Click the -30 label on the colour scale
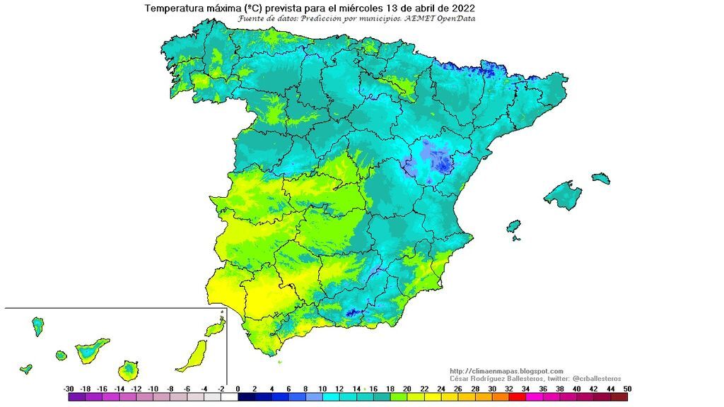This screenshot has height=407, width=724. click(69, 389)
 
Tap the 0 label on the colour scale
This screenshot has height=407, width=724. click(238, 389)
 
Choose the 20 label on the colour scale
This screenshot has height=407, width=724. click(407, 389)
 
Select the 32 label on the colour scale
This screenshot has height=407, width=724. click(509, 389)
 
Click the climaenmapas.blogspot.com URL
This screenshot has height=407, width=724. click(506, 371)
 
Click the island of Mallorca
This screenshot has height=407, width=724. click(563, 194)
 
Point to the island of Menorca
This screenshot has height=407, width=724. click(600, 178)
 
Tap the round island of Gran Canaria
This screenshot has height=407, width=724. click(128, 370)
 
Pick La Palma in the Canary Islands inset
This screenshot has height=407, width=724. click(37, 326)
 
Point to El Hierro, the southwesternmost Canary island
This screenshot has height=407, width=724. click(25, 369)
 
